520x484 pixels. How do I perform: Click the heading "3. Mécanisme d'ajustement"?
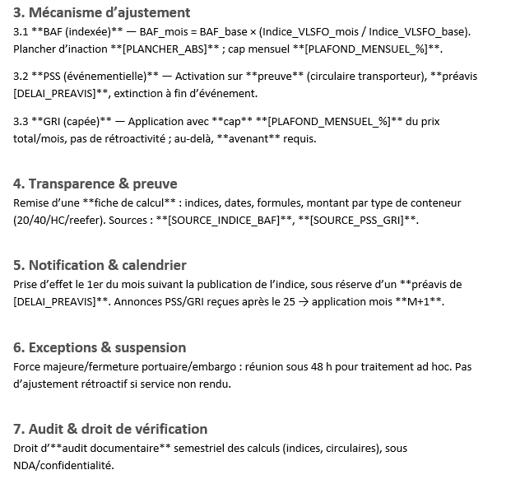coord(102,13)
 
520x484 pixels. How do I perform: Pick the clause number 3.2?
coord(21,76)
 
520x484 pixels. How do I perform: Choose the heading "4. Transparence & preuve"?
coord(95,184)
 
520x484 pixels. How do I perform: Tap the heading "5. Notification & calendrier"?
coord(100,265)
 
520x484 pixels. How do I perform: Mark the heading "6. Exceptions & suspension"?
coord(100,347)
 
